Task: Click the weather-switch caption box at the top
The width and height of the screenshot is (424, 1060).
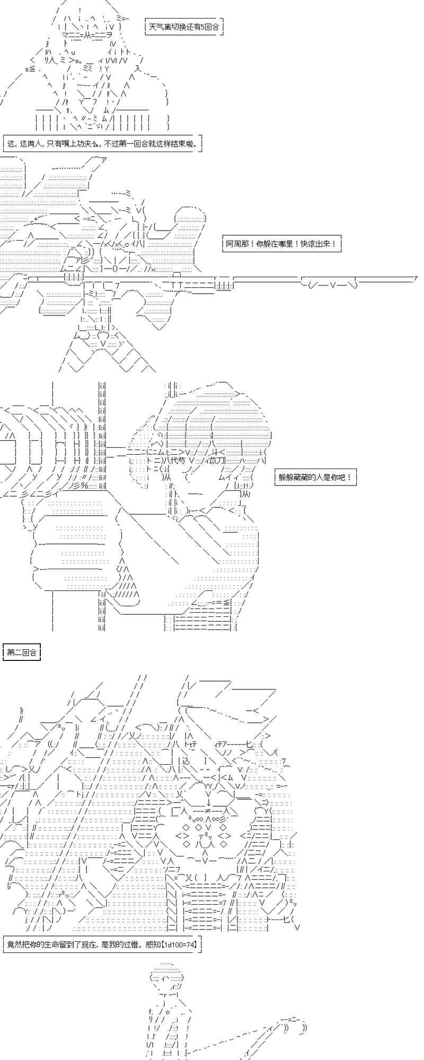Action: (184, 26)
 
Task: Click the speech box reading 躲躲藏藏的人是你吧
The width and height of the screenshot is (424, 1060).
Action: (315, 478)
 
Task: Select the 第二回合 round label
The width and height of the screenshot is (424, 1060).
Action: (22, 652)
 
